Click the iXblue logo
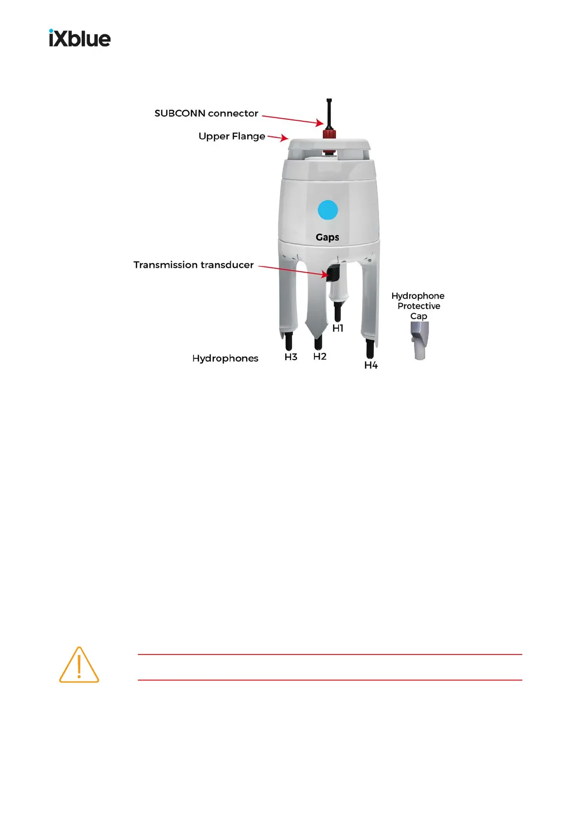coord(80,38)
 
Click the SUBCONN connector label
coord(206,114)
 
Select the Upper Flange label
coord(232,136)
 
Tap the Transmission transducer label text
coord(193,265)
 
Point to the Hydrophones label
coord(225,358)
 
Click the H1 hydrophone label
coord(338,328)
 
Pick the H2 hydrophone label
coord(320,357)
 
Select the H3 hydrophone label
coord(291,357)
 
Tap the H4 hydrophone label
coord(371,365)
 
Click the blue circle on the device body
coord(327,210)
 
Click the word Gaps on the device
coord(327,237)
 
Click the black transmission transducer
coord(333,274)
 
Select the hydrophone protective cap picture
coord(419,340)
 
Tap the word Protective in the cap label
coord(419,306)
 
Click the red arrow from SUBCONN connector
coord(292,120)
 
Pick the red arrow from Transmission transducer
coord(293,271)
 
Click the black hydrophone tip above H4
coord(370,348)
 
